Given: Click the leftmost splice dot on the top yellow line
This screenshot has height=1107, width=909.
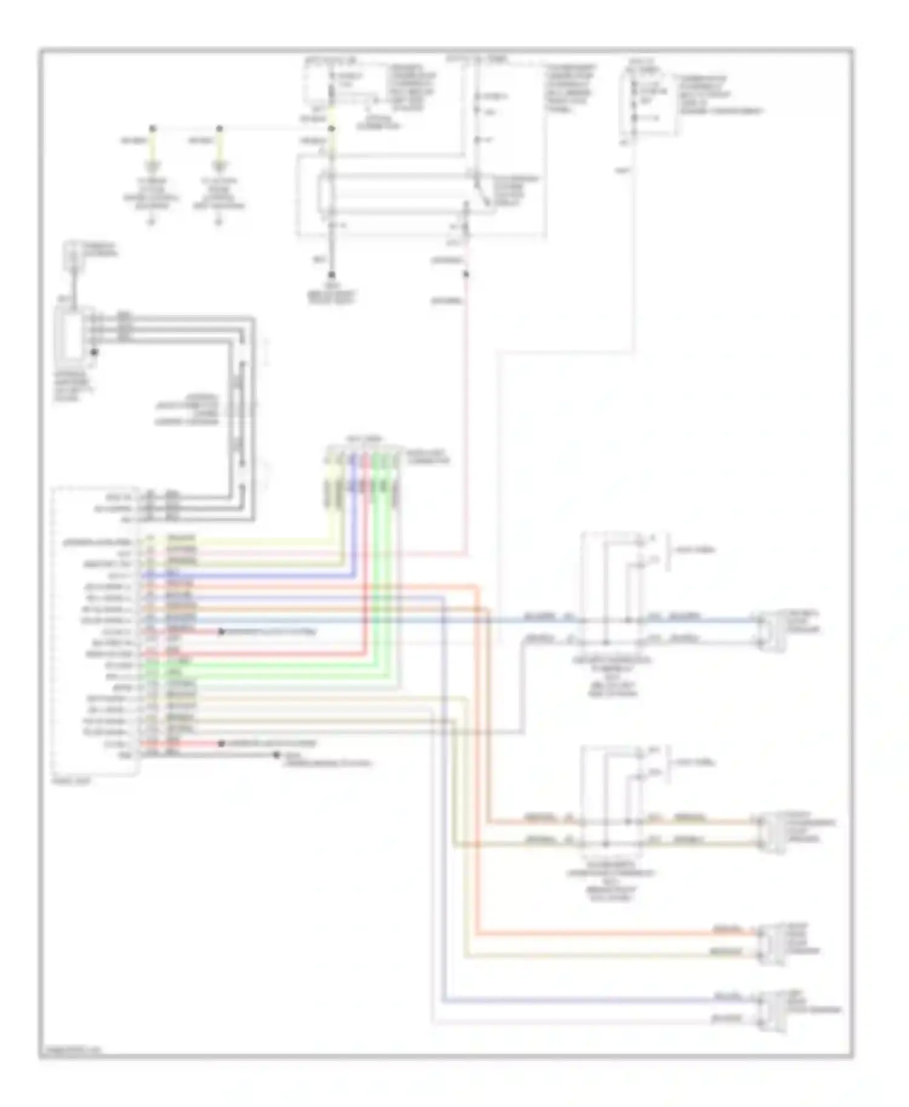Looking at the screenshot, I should click(153, 128).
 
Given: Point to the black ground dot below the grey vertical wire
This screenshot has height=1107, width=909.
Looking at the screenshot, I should click(331, 274).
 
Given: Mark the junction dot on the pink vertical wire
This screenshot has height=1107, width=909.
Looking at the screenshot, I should click(465, 274).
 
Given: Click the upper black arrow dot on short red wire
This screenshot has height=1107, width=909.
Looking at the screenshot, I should click(222, 632).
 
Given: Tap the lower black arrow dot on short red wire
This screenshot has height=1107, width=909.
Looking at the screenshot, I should click(222, 743).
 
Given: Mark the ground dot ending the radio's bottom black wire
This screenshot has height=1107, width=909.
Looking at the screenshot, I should click(276, 755).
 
